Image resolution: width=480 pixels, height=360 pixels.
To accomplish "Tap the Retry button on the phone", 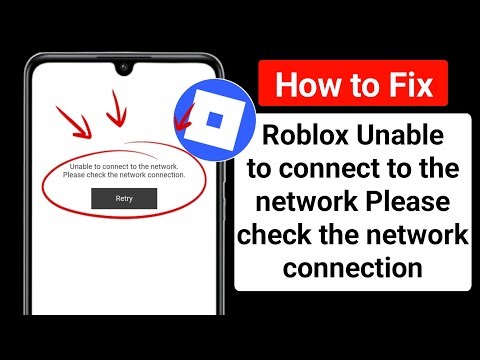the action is pyautogui.click(x=123, y=198).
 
